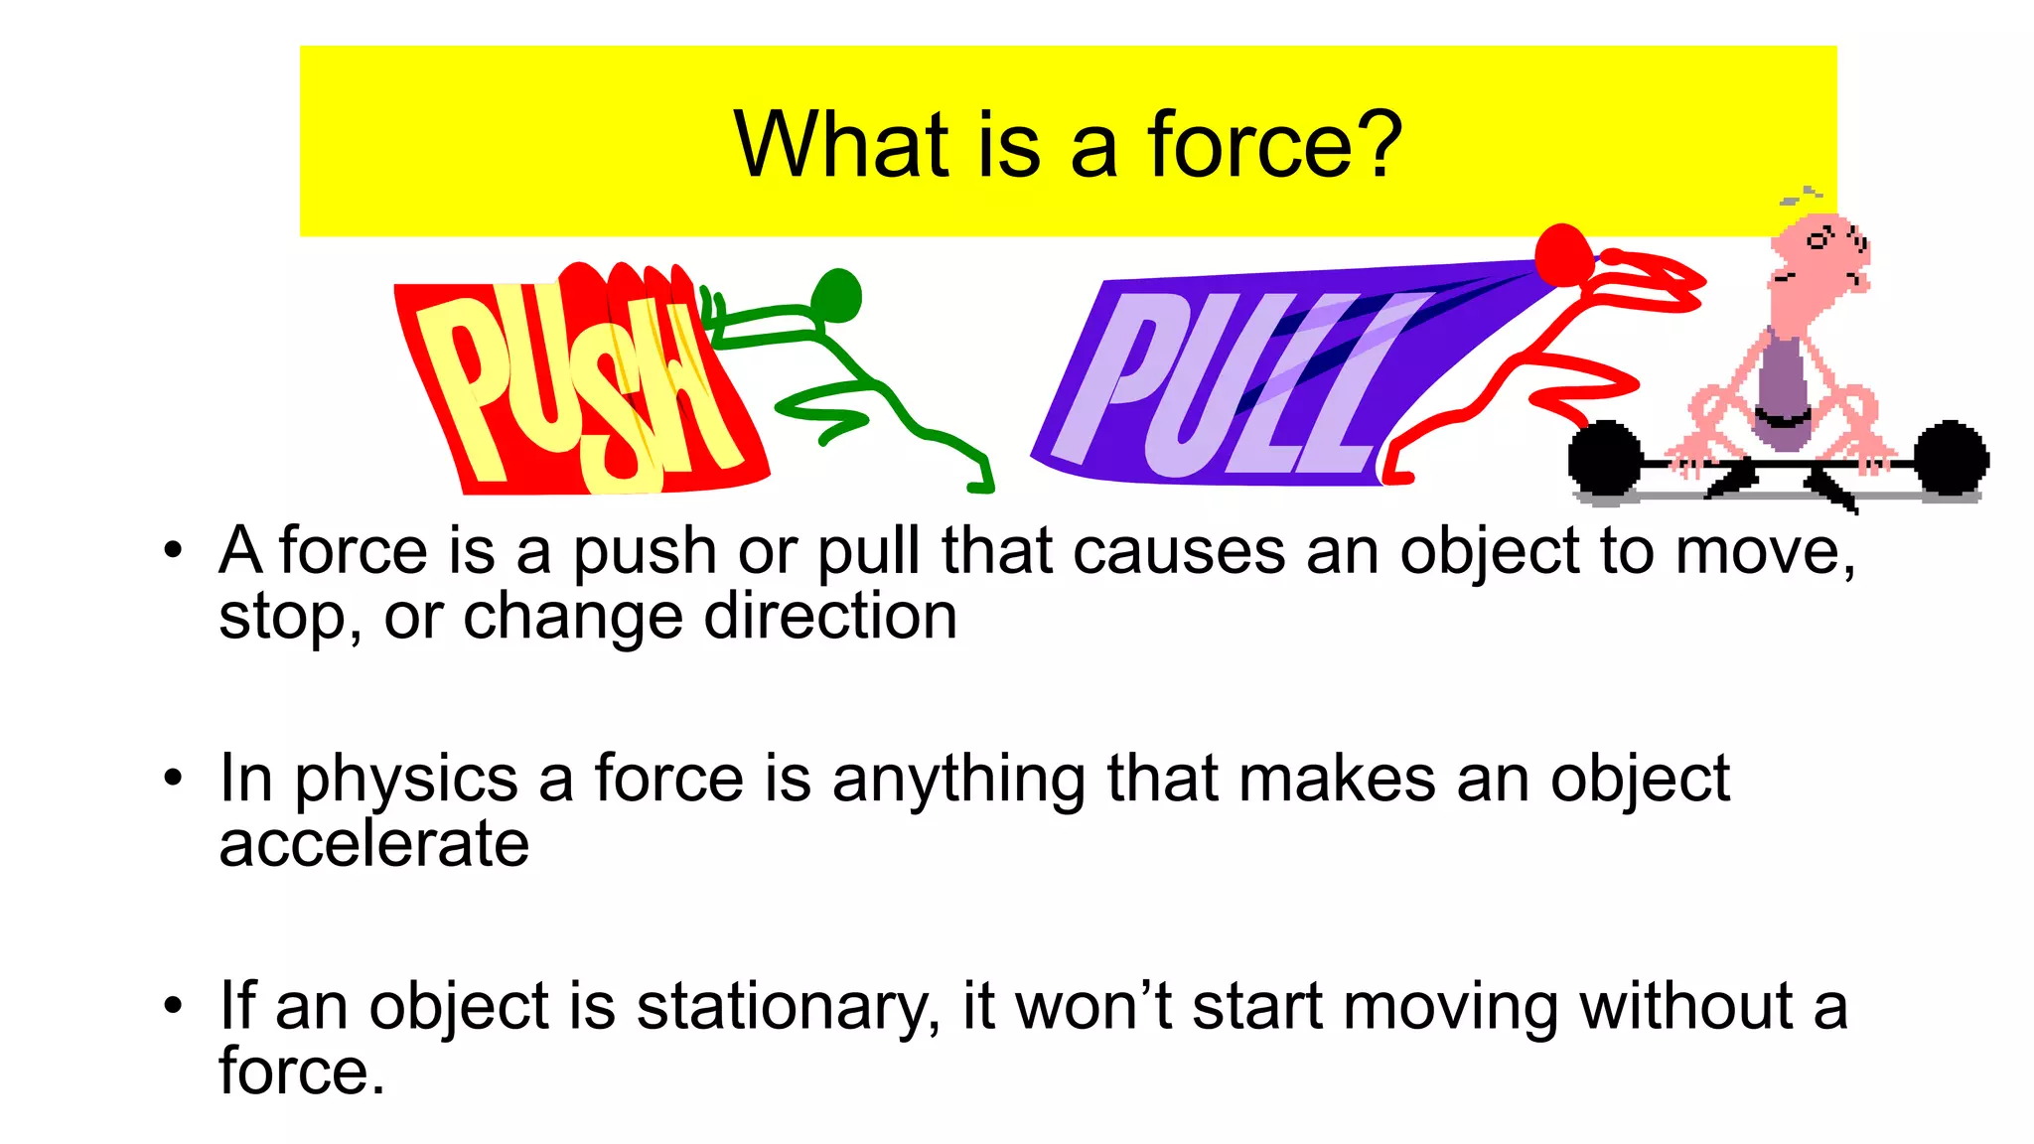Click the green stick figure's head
pyautogui.click(x=836, y=296)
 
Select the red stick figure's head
pyautogui.click(x=1563, y=255)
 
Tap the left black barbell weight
pyautogui.click(x=1603, y=459)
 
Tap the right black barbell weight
pyautogui.click(x=1952, y=459)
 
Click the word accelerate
pyautogui.click(x=373, y=844)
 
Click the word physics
pyautogui.click(x=405, y=780)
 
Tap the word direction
pyautogui.click(x=830, y=617)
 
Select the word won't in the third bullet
pyautogui.click(x=1093, y=1007)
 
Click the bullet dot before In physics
pyautogui.click(x=174, y=778)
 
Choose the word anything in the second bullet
pyautogui.click(x=958, y=780)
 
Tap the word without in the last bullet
pyautogui.click(x=1685, y=1007)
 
